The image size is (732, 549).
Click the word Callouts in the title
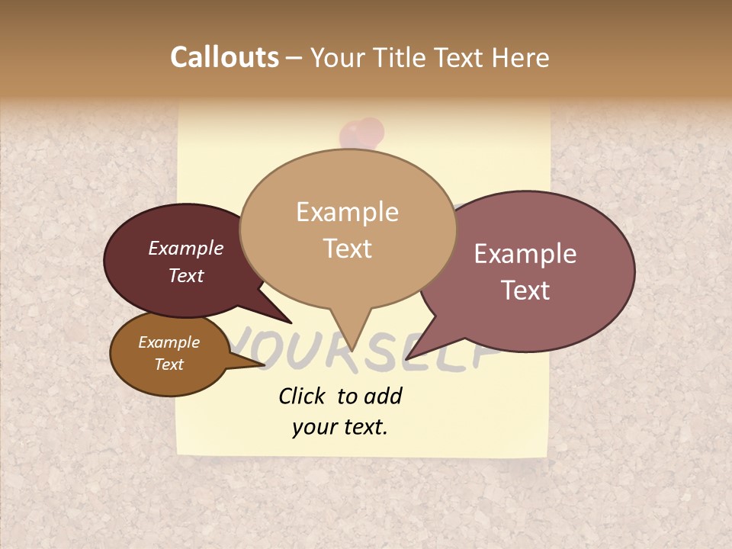(224, 57)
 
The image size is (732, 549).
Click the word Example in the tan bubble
(347, 212)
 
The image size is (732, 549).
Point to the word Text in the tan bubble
(347, 249)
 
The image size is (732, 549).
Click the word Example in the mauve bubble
(525, 254)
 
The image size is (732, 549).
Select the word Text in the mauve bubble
(525, 291)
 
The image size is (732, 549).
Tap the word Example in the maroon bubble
(186, 248)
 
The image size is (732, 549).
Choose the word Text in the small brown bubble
(169, 364)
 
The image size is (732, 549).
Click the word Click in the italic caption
(303, 396)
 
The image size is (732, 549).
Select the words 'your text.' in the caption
(340, 427)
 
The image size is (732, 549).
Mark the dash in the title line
(295, 58)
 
